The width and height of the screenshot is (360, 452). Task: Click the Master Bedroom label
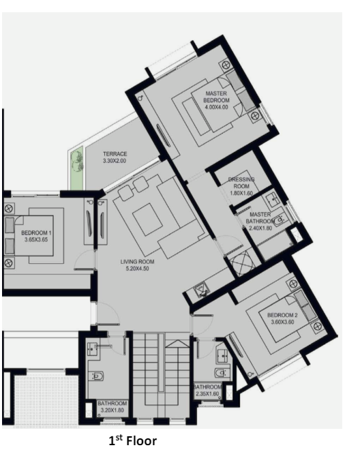pyautogui.click(x=216, y=97)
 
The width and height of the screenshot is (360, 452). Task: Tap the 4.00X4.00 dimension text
pyautogui.click(x=216, y=107)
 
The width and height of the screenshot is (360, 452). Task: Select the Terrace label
pyautogui.click(x=115, y=154)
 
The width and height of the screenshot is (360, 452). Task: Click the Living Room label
pyautogui.click(x=137, y=262)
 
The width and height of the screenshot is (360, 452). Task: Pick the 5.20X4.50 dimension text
pyautogui.click(x=137, y=269)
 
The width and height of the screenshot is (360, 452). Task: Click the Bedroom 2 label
pyautogui.click(x=282, y=315)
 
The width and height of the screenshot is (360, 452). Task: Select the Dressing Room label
pyautogui.click(x=241, y=183)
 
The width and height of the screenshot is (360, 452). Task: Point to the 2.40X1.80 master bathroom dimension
pyautogui.click(x=260, y=228)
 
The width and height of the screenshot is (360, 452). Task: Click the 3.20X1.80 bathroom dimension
pyautogui.click(x=112, y=410)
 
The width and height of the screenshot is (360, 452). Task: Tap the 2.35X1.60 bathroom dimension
pyautogui.click(x=207, y=394)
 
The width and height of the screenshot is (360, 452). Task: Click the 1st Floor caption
pyautogui.click(x=132, y=441)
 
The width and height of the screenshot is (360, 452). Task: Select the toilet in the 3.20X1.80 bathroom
pyautogui.click(x=96, y=376)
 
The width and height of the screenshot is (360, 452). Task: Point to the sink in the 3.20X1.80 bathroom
pyautogui.click(x=93, y=349)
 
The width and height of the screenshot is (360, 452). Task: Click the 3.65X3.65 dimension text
pyautogui.click(x=36, y=239)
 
